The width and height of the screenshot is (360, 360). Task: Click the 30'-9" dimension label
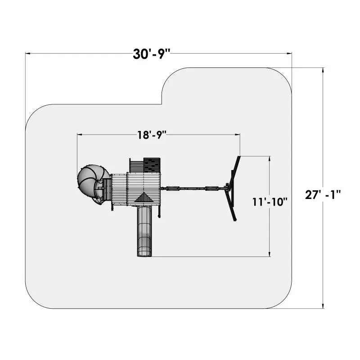click(151, 54)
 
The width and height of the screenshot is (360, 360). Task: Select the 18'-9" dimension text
click(152, 135)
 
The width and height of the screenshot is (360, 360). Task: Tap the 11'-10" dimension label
click(270, 202)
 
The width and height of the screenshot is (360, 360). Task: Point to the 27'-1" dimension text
click(323, 195)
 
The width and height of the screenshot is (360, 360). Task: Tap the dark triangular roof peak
click(144, 198)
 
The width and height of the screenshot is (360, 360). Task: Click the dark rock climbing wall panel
click(152, 165)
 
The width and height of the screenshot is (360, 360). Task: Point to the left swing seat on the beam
click(172, 189)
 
